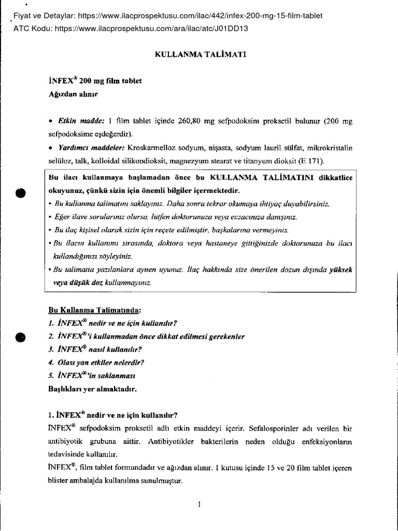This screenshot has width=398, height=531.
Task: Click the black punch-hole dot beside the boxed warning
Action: click(20, 192)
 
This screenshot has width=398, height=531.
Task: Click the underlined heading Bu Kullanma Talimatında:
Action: click(94, 310)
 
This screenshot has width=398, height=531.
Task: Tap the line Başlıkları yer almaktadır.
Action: click(92, 388)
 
